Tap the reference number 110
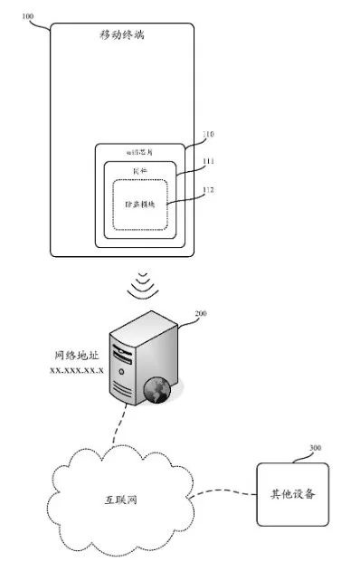[x=207, y=134]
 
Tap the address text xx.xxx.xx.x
[x=76, y=372]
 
